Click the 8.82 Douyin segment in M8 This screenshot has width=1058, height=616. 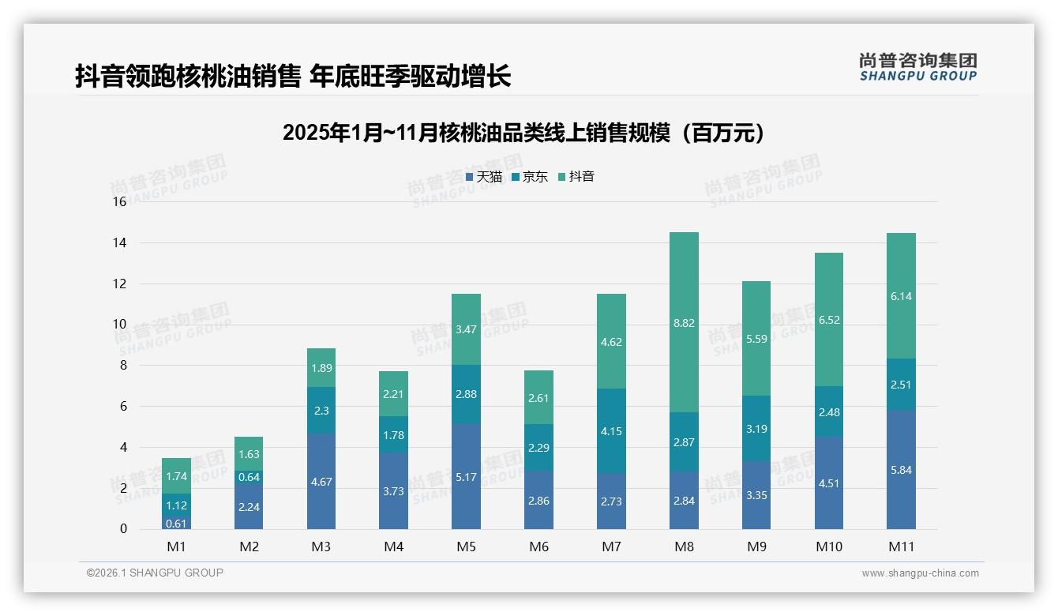point(684,322)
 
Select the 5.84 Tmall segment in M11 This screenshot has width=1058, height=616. point(901,470)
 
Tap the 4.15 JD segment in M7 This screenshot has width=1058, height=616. point(611,431)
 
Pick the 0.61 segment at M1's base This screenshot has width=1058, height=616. point(177,523)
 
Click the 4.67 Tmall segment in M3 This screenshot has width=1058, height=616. point(321,480)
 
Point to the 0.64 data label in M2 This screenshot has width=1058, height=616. point(249,477)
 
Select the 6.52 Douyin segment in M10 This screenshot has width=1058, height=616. point(828,320)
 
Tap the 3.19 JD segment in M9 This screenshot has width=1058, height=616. point(756,429)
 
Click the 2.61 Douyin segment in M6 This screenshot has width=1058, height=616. point(538,397)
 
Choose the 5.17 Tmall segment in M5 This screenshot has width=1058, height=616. point(466,476)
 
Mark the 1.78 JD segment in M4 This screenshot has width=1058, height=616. point(393,434)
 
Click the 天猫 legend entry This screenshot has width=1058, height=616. point(483,177)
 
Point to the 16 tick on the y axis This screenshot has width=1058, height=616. point(119,202)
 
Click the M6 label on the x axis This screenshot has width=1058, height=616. point(538,547)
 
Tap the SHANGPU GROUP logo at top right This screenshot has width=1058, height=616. point(917,67)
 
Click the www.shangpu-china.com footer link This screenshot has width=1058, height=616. point(920,573)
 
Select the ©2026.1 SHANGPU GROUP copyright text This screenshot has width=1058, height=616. point(155,573)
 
